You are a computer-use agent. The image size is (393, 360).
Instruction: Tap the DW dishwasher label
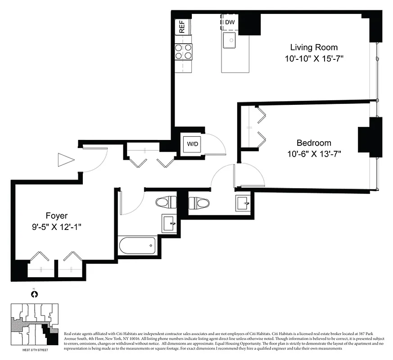(x=230, y=22)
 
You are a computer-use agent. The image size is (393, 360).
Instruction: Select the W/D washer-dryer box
(x=192, y=144)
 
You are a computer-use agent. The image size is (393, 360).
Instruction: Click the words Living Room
(x=314, y=47)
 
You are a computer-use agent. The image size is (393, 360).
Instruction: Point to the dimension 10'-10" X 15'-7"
(x=314, y=58)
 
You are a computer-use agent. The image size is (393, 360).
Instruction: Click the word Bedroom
(x=314, y=143)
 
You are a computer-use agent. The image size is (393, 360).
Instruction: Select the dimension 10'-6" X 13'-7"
(x=314, y=154)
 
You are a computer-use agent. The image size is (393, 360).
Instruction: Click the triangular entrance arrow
(x=65, y=159)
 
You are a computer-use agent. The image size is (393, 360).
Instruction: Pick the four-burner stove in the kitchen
(x=183, y=52)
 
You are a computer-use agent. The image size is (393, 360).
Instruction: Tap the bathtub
(x=137, y=246)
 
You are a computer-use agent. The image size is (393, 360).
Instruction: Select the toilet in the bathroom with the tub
(x=166, y=202)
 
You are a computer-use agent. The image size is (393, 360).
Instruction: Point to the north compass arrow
(x=33, y=294)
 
